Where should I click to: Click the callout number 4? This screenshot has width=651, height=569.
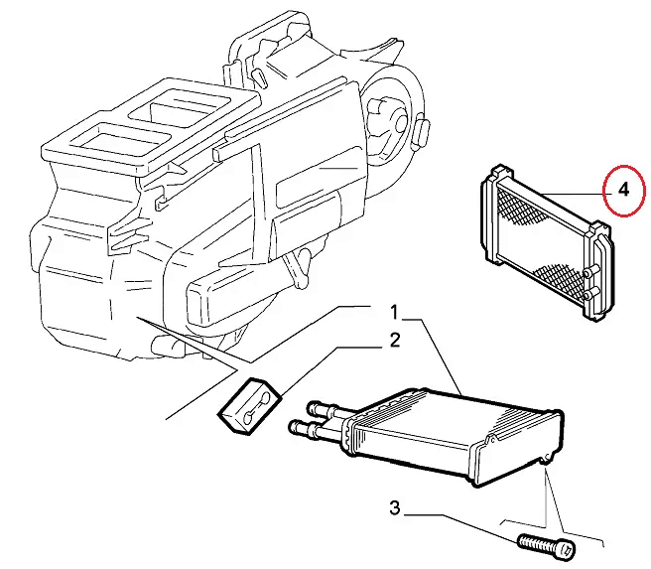tap(623, 190)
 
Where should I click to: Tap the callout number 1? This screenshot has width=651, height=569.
tap(394, 313)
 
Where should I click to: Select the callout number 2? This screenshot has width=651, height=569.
tap(395, 341)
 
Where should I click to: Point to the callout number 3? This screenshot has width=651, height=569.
tap(395, 507)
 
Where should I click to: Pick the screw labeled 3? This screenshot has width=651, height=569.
tap(547, 546)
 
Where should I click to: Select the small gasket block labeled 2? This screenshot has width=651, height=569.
tap(250, 406)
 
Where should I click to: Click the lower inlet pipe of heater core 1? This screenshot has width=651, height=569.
tap(315, 428)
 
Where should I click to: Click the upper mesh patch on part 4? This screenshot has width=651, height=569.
tap(520, 207)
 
